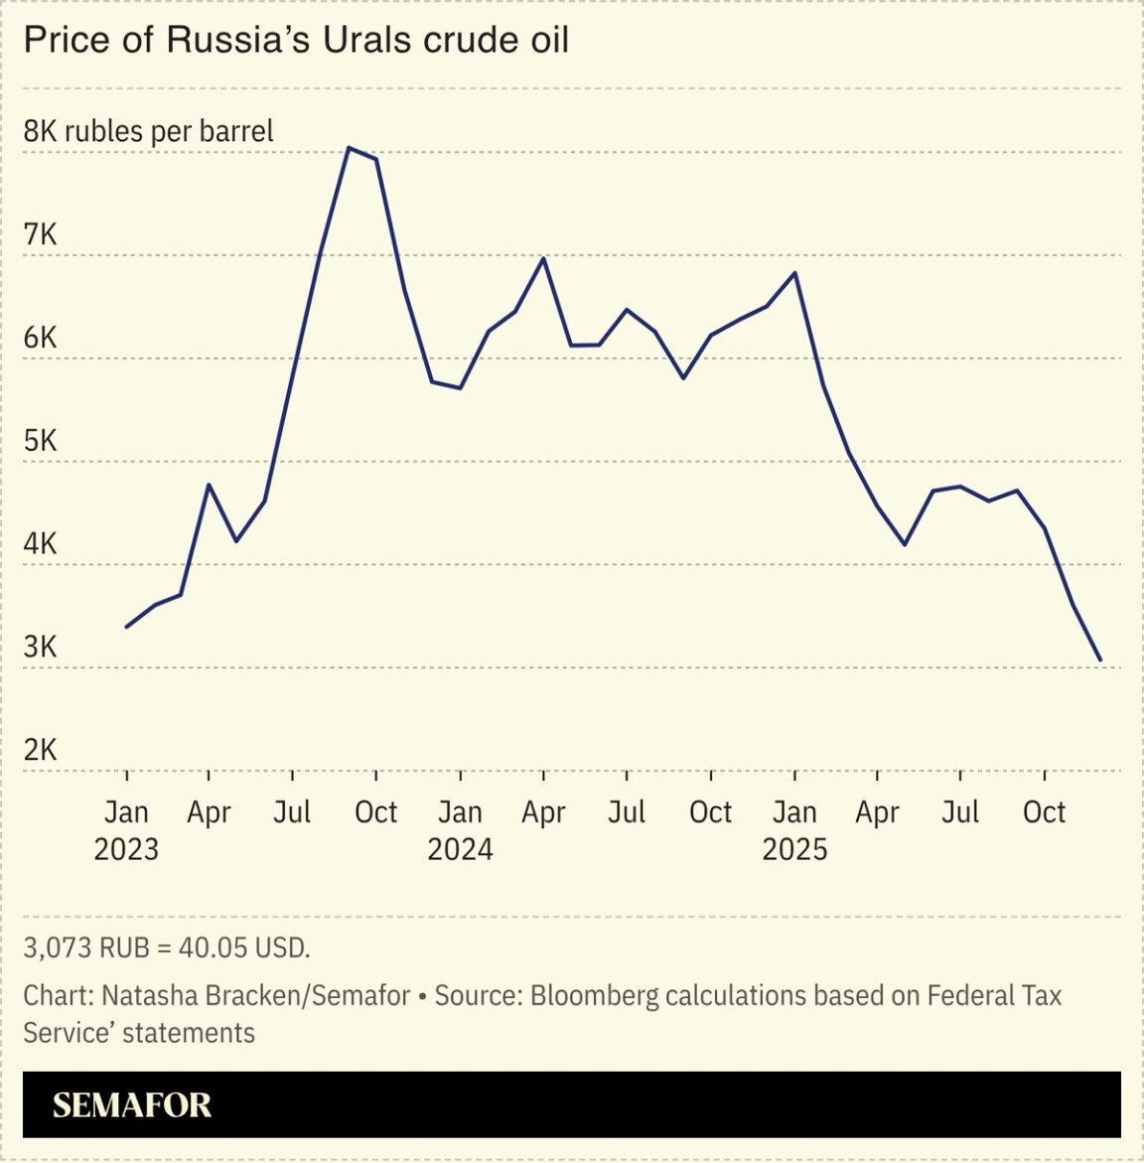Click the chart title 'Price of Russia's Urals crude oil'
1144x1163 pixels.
pyautogui.click(x=296, y=40)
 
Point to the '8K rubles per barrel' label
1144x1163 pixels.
pyautogui.click(x=148, y=131)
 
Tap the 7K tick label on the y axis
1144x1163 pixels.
pyautogui.click(x=41, y=234)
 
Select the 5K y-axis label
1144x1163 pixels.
pyautogui.click(x=41, y=441)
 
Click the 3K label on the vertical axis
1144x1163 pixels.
pyautogui.click(x=41, y=648)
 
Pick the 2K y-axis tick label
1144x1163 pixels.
pyautogui.click(x=41, y=750)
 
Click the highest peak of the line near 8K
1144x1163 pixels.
pyautogui.click(x=348, y=148)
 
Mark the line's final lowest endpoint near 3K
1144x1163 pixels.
pyautogui.click(x=1099, y=659)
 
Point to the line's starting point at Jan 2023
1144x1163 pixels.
pyautogui.click(x=126, y=627)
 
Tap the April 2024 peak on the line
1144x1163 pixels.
pyautogui.click(x=543, y=258)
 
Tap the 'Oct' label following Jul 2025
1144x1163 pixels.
pyautogui.click(x=1044, y=812)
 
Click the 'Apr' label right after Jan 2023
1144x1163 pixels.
pyautogui.click(x=209, y=812)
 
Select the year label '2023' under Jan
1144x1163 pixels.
pyautogui.click(x=126, y=849)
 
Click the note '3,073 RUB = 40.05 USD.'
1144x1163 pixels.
pyautogui.click(x=167, y=947)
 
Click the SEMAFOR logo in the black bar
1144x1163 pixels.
pyautogui.click(x=132, y=1104)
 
